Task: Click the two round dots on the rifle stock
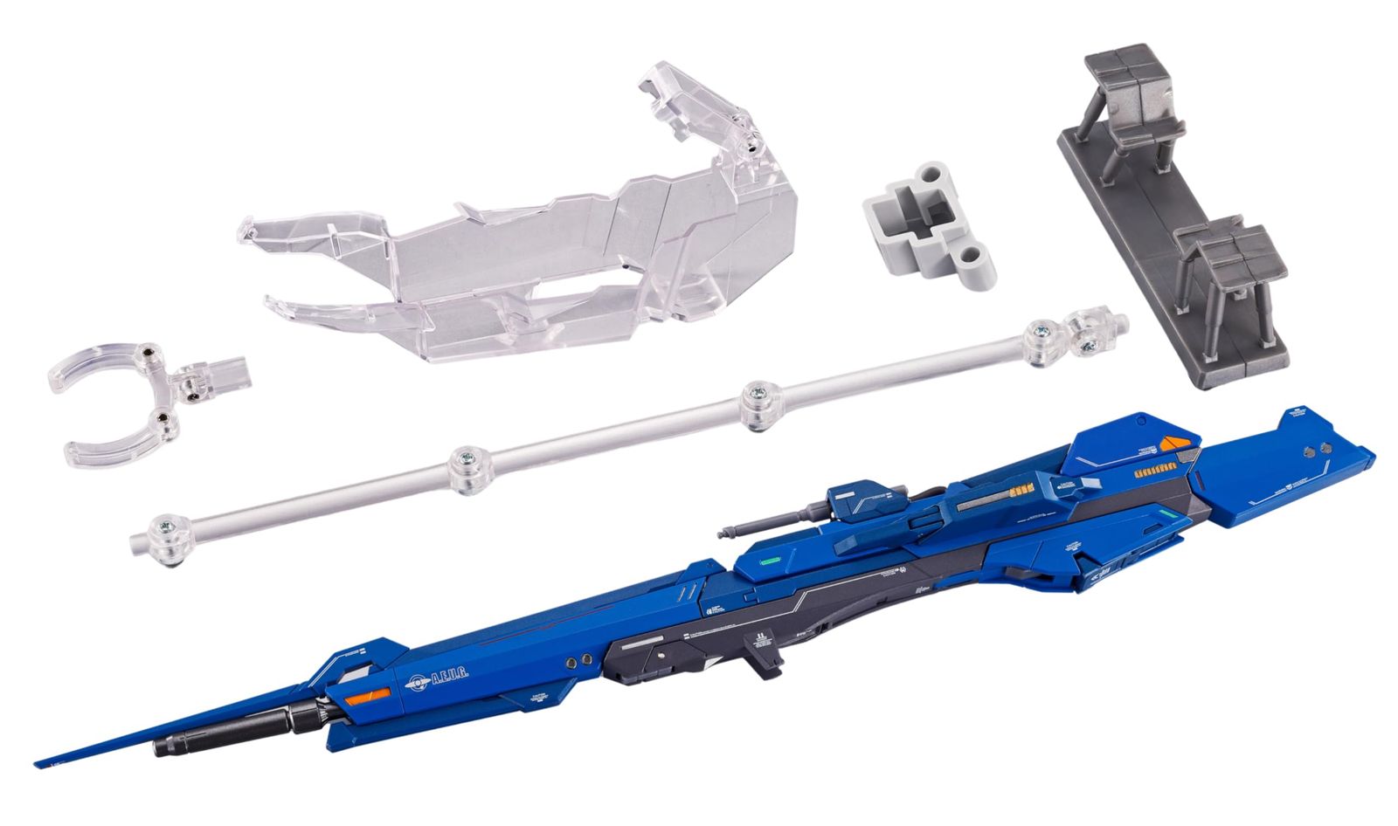click(x=1316, y=451)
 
